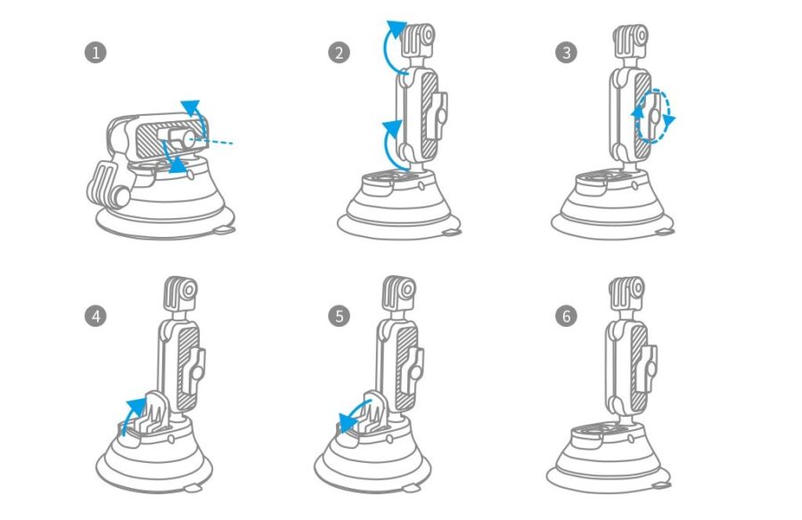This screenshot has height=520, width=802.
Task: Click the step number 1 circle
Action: [95, 53]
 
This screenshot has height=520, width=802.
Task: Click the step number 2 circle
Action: [340, 53]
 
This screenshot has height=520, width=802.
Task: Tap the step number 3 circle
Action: [566, 53]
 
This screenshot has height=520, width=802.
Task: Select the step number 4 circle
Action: [95, 316]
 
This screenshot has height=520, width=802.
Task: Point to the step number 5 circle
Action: [340, 316]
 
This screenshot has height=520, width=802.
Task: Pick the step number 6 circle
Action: [566, 316]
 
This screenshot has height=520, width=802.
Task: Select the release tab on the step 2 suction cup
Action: [451, 233]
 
